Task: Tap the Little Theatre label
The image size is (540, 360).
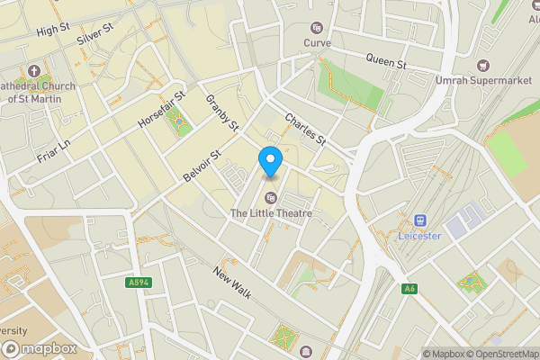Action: pyautogui.click(x=271, y=213)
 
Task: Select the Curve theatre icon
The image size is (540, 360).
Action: pyautogui.click(x=317, y=28)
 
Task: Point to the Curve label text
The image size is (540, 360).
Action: pyautogui.click(x=317, y=42)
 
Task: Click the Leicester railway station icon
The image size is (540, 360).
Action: pyautogui.click(x=419, y=220)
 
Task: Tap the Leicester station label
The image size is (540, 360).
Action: pyautogui.click(x=419, y=236)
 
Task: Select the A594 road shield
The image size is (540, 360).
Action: pyautogui.click(x=138, y=283)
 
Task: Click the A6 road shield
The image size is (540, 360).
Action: pyautogui.click(x=409, y=288)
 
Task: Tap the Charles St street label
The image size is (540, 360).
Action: pyautogui.click(x=304, y=130)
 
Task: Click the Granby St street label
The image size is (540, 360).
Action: pyautogui.click(x=221, y=112)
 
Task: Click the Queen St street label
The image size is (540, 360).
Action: pyautogui.click(x=387, y=62)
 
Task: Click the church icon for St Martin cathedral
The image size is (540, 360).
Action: pyautogui.click(x=34, y=70)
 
